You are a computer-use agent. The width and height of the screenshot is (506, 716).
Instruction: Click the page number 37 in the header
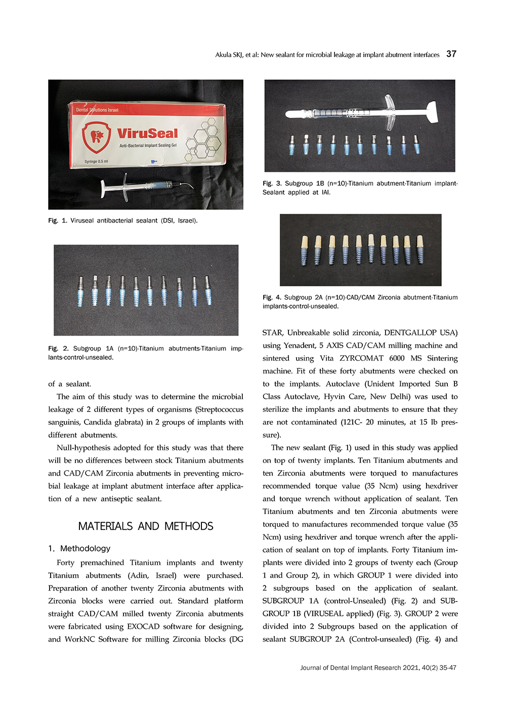click(451, 54)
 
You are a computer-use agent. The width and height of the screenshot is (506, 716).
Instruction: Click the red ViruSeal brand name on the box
click(147, 134)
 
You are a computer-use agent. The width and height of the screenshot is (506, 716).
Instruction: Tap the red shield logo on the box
click(97, 137)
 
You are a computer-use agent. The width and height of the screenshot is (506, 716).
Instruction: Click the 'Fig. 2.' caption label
click(58, 349)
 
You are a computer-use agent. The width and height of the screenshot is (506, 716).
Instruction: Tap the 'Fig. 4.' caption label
click(272, 298)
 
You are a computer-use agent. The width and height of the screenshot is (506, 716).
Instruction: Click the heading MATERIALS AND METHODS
click(146, 526)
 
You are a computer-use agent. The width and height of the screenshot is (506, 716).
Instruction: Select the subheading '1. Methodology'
click(79, 549)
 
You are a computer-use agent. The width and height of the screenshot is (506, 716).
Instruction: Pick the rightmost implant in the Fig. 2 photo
click(207, 290)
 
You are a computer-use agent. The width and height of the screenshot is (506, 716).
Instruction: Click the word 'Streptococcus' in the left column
click(219, 409)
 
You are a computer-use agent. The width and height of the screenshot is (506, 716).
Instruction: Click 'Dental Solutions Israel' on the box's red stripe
click(97, 110)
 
